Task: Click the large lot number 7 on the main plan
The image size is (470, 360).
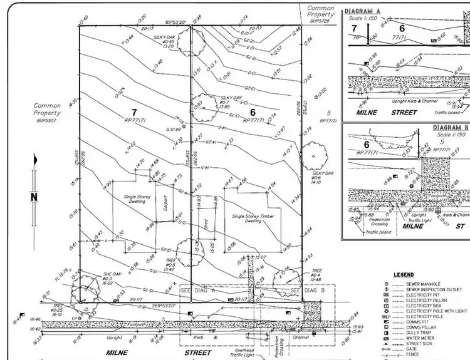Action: [133, 113]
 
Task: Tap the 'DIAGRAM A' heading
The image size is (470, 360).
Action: [363, 11]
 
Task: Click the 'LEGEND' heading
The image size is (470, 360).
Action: [403, 275]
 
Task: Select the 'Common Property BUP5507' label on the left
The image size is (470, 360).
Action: [47, 113]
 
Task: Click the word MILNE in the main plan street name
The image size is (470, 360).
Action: [118, 352]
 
